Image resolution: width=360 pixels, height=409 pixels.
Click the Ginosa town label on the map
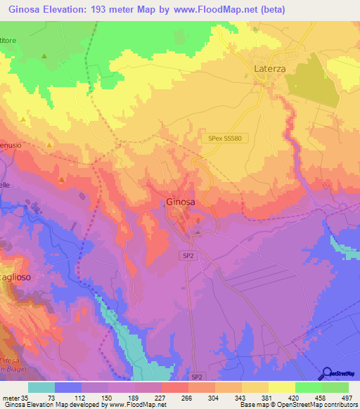(181, 202)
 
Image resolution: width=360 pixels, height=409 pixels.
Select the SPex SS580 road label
(224, 138)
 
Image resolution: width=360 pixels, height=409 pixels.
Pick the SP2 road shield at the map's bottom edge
(198, 377)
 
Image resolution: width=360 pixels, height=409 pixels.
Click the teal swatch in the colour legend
(41, 387)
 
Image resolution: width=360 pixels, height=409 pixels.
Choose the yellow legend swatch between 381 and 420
(281, 387)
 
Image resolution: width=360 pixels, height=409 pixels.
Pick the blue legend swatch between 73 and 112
(68, 387)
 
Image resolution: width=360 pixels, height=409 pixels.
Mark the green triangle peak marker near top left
(44, 56)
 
